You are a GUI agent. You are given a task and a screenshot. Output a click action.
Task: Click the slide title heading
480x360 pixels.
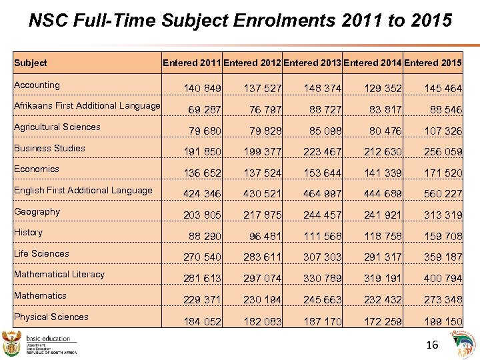tap(240, 21)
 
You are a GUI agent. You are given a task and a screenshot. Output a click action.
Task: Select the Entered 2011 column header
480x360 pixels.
tap(192, 63)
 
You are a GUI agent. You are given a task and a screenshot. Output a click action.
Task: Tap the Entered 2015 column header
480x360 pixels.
tap(433, 63)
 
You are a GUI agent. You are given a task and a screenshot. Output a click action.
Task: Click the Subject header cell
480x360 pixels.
tap(31, 63)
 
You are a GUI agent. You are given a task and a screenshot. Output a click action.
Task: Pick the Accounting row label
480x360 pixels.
tap(37, 85)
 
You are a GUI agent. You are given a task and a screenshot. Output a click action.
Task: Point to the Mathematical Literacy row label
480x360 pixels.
tap(59, 274)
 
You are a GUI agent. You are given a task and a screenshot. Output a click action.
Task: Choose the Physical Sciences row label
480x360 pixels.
tap(51, 317)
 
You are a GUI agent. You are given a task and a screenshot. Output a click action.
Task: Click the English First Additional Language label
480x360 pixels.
tap(83, 190)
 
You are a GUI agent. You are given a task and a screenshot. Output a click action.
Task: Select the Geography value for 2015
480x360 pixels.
tap(443, 215)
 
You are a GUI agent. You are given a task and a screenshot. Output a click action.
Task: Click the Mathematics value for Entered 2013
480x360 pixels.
tap(323, 300)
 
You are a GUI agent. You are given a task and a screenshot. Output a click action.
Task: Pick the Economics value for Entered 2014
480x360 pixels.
tap(383, 173)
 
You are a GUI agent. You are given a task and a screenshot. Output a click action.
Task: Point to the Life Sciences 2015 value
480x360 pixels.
tap(443, 257)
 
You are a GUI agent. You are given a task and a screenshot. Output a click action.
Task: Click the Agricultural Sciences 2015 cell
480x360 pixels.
tap(443, 131)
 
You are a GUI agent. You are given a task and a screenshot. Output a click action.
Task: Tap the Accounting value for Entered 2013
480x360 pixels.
tap(323, 89)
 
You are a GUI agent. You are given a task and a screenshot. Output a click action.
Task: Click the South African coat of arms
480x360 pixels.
tap(12, 343)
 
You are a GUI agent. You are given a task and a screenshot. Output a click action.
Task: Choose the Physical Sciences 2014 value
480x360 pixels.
tap(383, 321)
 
